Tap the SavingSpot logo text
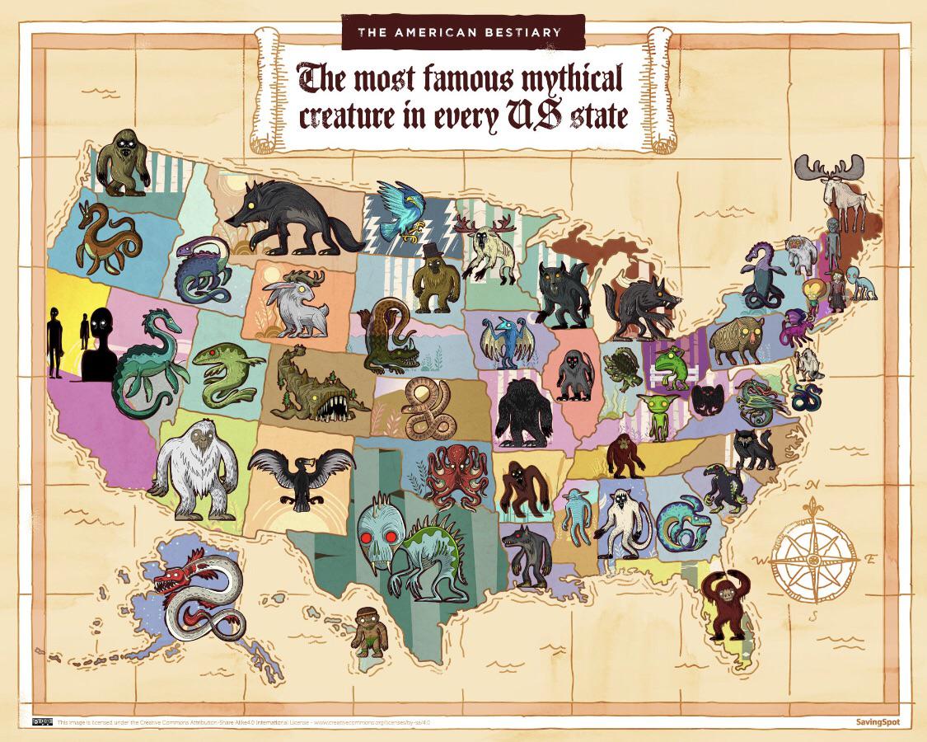pyautogui.click(x=878, y=722)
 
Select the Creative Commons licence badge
pyautogui.click(x=42, y=722)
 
